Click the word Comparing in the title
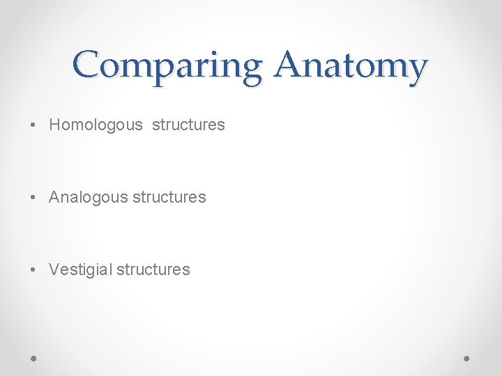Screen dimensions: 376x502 pos(166,66)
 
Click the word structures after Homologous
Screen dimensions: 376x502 pos(188,125)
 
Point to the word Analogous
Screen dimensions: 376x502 pos(89,198)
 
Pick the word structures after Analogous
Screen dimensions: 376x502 pos(169,198)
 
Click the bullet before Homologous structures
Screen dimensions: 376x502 pos(33,126)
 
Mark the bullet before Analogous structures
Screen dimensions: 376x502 pos(33,198)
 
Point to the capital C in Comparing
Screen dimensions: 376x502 pos(87,65)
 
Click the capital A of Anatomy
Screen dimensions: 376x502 pos(288,65)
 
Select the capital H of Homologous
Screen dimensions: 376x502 pos(54,125)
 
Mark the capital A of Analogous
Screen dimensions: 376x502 pos(54,198)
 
